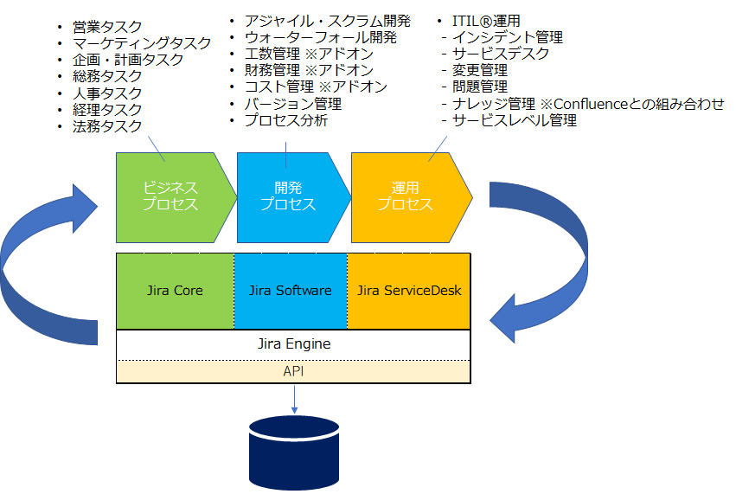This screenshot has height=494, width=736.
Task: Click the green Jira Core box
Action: pyautogui.click(x=175, y=292)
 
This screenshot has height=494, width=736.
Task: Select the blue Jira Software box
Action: pyautogui.click(x=291, y=292)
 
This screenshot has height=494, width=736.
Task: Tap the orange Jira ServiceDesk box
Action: pyautogui.click(x=409, y=292)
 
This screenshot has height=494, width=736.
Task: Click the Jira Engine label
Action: pyautogui.click(x=294, y=343)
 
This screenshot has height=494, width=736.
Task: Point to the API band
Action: pyautogui.click(x=293, y=371)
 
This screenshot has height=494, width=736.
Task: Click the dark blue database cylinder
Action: pyautogui.click(x=294, y=452)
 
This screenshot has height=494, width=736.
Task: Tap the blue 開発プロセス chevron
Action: pyautogui.click(x=294, y=197)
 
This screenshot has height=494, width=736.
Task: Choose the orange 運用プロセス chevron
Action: pyautogui.click(x=412, y=197)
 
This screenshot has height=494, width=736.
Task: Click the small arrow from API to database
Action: pyautogui.click(x=294, y=400)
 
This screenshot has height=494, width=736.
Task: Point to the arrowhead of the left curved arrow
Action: pyautogui.click(x=85, y=207)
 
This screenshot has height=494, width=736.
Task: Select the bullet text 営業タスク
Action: pyautogui.click(x=107, y=27)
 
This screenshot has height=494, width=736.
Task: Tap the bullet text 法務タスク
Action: pyautogui.click(x=107, y=125)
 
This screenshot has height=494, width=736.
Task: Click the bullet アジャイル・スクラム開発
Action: pyautogui.click(x=328, y=21)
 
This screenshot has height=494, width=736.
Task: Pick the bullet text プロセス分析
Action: pyautogui.click(x=286, y=120)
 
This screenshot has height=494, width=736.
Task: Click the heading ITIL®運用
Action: pyautogui.click(x=486, y=21)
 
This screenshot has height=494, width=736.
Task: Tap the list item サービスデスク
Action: pyautogui.click(x=501, y=54)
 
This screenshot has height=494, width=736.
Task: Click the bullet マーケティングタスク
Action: pyautogui.click(x=142, y=43)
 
